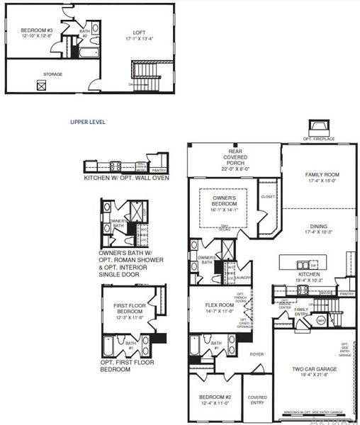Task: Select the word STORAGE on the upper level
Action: [52, 74]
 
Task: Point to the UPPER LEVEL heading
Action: [88, 122]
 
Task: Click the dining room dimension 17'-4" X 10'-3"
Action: [317, 232]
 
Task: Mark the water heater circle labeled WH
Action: [320, 320]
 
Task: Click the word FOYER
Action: [256, 355]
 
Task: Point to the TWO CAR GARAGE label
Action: [314, 369]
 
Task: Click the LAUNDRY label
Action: [244, 278]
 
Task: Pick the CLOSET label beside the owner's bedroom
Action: [267, 197]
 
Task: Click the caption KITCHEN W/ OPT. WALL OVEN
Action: [117, 178]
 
